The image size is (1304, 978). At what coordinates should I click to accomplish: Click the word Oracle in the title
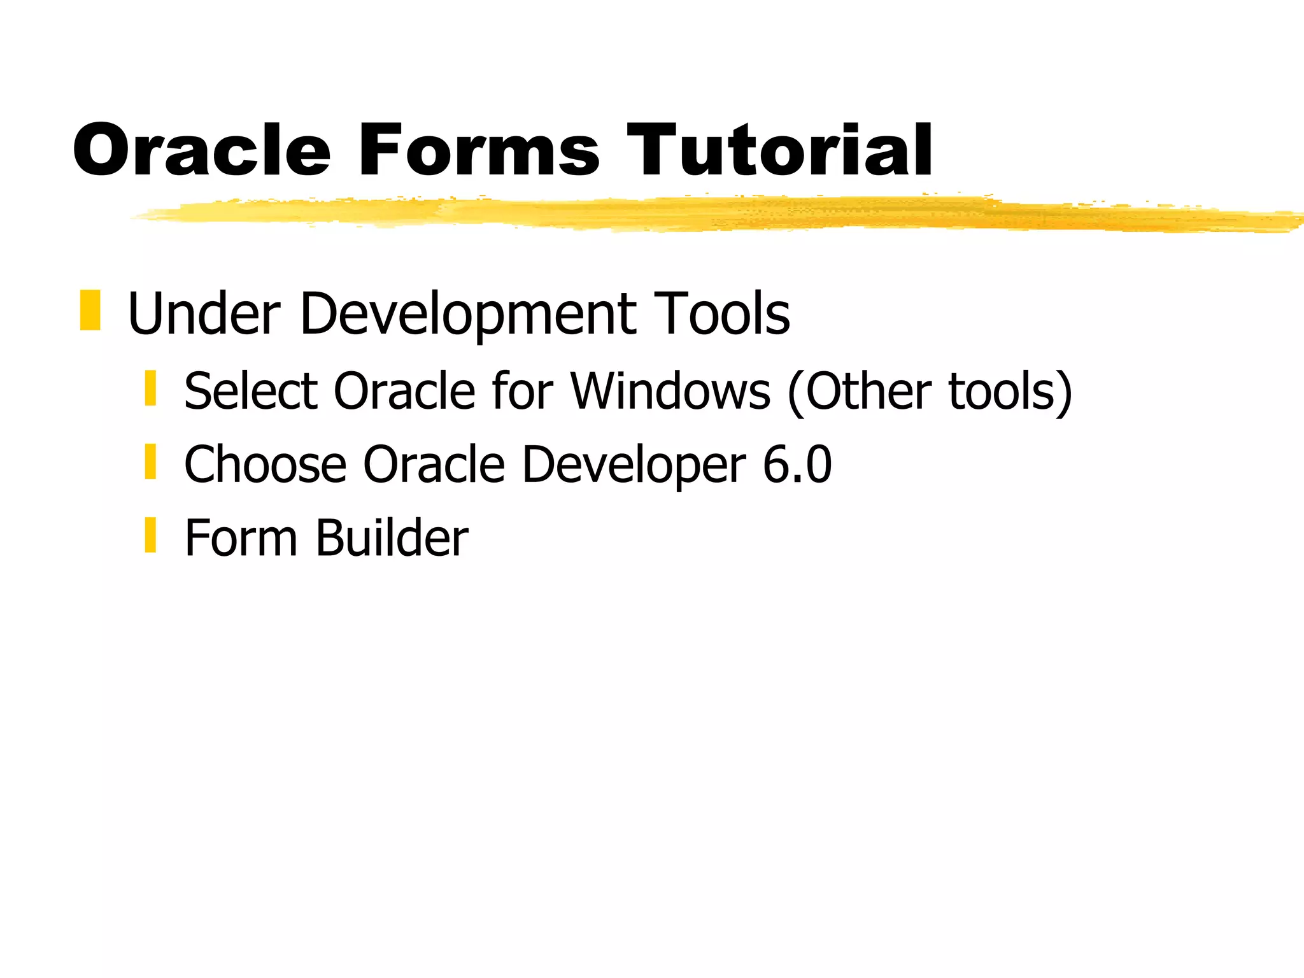tap(202, 150)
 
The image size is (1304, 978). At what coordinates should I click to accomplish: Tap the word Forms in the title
tap(478, 150)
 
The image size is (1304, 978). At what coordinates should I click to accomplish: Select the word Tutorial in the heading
tap(779, 150)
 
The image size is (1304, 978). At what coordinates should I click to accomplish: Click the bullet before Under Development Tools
tap(90, 310)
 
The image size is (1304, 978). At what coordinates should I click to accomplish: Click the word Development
tap(468, 313)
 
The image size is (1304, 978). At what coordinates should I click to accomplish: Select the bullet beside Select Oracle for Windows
tap(150, 388)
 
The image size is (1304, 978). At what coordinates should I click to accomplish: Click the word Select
tap(250, 391)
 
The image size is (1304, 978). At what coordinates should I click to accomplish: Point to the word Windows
tap(670, 391)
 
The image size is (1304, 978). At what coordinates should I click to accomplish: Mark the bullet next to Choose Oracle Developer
tap(150, 462)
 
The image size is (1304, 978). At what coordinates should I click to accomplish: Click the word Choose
tap(265, 465)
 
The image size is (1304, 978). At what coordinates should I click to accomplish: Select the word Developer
tap(634, 465)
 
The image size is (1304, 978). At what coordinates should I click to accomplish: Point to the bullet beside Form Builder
tap(150, 535)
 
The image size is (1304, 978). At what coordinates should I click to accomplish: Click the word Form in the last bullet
tap(241, 538)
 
